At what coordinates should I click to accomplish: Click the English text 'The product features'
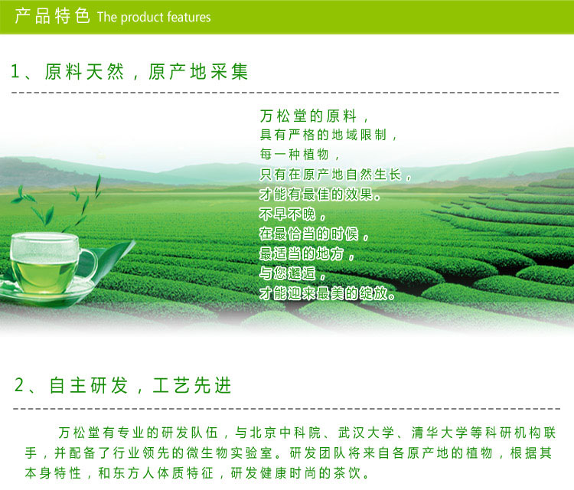(154, 17)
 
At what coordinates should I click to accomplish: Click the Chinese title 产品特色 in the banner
(52, 16)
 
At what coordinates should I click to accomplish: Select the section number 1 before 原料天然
(15, 71)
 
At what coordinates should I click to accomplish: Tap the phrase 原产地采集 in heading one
(198, 71)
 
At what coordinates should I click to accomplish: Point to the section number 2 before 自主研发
(18, 385)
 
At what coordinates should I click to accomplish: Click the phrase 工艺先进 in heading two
(192, 385)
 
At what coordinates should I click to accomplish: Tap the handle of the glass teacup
(89, 264)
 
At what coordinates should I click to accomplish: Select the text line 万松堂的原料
(308, 116)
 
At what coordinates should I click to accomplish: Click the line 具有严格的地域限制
(323, 135)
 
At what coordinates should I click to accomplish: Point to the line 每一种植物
(295, 154)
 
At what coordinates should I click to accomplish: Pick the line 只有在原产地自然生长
(331, 175)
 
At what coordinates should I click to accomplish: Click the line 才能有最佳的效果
(316, 194)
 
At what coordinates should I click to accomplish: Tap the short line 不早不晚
(287, 214)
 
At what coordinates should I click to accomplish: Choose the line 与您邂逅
(287, 273)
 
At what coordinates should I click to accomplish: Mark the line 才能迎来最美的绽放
(323, 293)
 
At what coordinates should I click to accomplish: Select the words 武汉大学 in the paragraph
(366, 433)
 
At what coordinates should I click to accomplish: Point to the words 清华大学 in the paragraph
(439, 433)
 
